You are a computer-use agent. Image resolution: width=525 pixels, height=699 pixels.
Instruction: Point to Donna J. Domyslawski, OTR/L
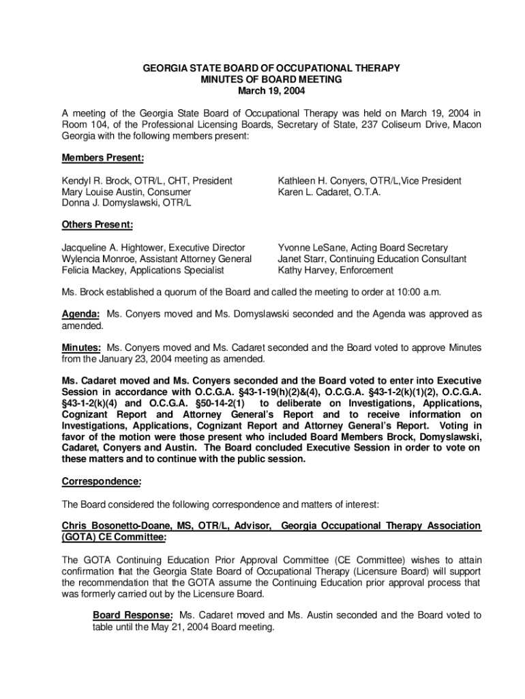coord(127,203)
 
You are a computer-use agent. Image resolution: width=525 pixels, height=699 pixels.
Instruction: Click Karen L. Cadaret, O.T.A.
coord(329,192)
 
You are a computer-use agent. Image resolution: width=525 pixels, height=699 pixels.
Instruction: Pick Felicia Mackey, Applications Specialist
coord(143,270)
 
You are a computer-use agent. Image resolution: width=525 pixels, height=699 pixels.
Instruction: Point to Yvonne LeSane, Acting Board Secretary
coord(362,248)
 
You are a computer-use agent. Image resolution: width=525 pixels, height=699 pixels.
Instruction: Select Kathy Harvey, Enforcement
coord(335,270)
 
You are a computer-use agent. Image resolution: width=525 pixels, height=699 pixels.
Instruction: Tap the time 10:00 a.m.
coord(420,292)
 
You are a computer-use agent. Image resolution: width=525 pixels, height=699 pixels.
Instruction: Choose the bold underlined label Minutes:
coord(82,347)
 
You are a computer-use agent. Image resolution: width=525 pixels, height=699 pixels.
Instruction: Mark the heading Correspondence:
coord(102,482)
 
